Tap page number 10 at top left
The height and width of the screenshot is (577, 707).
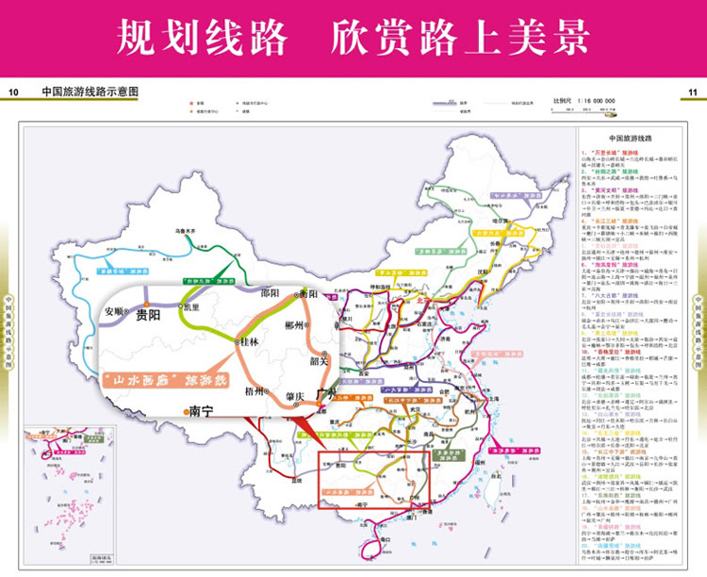coord(13,92)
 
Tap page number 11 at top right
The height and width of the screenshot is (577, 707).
coord(693,92)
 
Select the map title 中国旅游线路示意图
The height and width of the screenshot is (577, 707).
coord(90,92)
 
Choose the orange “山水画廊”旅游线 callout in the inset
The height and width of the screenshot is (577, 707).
coord(164,376)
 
